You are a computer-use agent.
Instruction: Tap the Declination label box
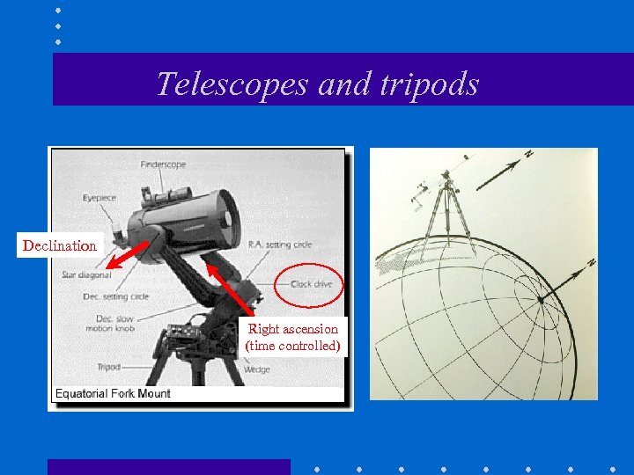(x=60, y=245)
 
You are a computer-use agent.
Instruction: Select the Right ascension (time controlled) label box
(x=293, y=337)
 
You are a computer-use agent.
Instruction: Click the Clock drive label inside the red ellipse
(x=311, y=284)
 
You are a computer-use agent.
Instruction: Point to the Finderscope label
(x=163, y=164)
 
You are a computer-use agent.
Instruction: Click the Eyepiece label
(x=100, y=198)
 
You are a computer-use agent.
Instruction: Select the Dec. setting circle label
(x=116, y=296)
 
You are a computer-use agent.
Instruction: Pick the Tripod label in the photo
(x=109, y=366)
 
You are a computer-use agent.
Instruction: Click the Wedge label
(x=257, y=370)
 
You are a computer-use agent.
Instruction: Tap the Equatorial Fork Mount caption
(x=114, y=393)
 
